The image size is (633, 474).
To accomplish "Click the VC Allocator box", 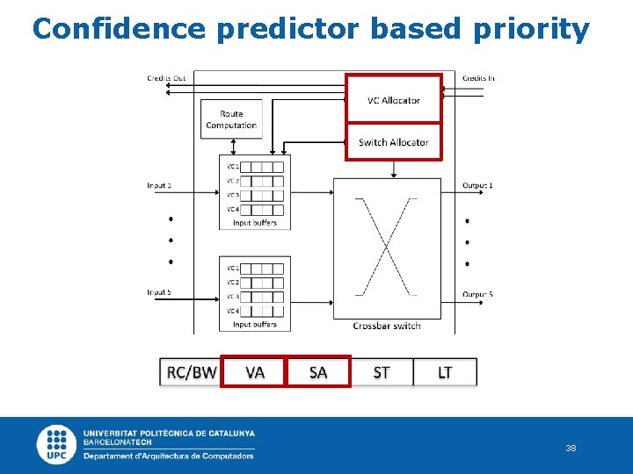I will click(393, 100).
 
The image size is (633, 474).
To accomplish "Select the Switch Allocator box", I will click(393, 142).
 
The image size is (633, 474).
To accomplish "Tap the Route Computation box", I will click(231, 119).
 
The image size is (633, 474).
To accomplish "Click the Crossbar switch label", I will click(387, 326).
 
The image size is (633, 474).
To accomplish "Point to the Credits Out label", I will click(166, 78).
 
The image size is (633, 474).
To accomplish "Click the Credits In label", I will click(478, 78).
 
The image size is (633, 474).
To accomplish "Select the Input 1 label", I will click(159, 185).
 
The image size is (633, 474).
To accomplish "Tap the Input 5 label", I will click(159, 292).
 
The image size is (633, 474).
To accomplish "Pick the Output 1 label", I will click(477, 185).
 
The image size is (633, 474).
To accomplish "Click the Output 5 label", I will click(477, 294).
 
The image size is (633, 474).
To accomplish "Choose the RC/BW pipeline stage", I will click(191, 372).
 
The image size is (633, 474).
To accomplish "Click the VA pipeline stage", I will click(255, 372).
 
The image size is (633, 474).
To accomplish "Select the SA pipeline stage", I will click(318, 372).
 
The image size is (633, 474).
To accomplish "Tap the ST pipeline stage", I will click(382, 372).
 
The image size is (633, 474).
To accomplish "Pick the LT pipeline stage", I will click(445, 372).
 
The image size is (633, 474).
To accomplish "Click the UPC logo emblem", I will click(57, 445).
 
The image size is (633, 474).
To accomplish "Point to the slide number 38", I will click(571, 449).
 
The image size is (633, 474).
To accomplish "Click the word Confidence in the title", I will click(118, 29).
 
